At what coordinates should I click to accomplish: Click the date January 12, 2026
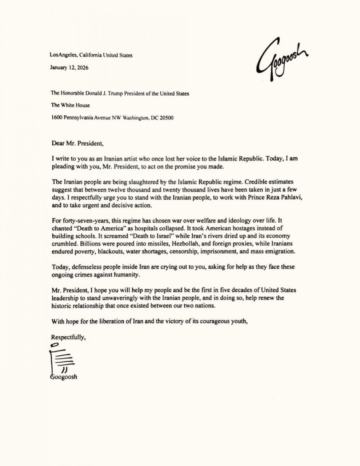[x=69, y=67]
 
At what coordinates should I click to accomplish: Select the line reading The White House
[x=71, y=105]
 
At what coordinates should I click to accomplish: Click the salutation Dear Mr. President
[x=78, y=142]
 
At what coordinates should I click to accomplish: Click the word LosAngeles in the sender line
[x=61, y=55]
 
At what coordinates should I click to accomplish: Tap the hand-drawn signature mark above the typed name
[x=61, y=359]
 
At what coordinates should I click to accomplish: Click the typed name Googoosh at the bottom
[x=64, y=377]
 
